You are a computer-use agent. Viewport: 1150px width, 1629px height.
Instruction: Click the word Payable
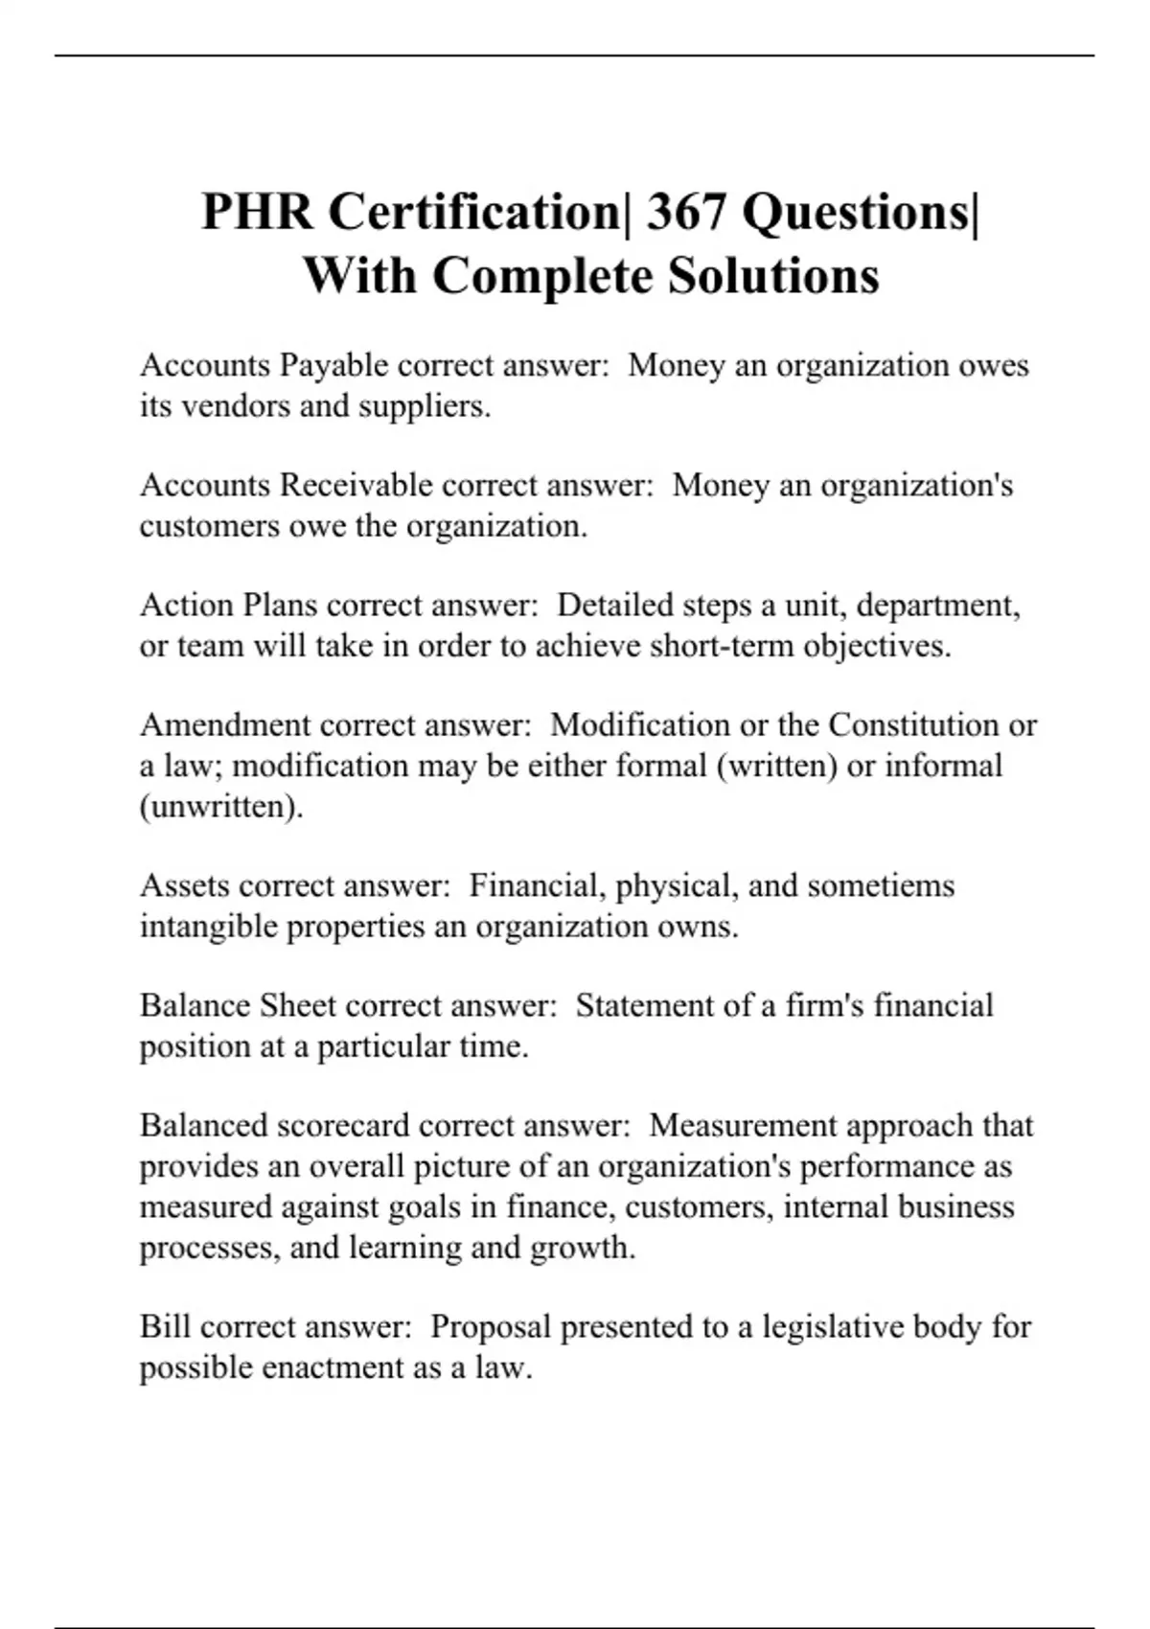click(333, 366)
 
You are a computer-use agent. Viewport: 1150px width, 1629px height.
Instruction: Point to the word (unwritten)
click(221, 807)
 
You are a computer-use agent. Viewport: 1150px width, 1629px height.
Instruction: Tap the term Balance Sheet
click(238, 1006)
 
